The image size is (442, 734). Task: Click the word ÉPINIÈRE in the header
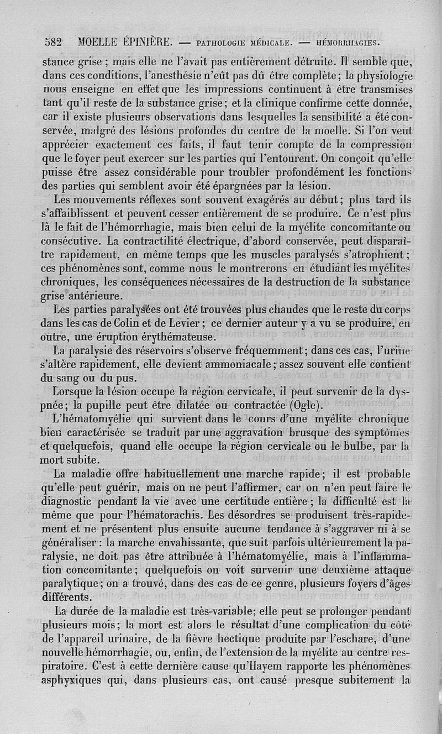(149, 42)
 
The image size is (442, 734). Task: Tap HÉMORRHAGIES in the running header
(348, 42)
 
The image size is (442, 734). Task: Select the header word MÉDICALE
(262, 42)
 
